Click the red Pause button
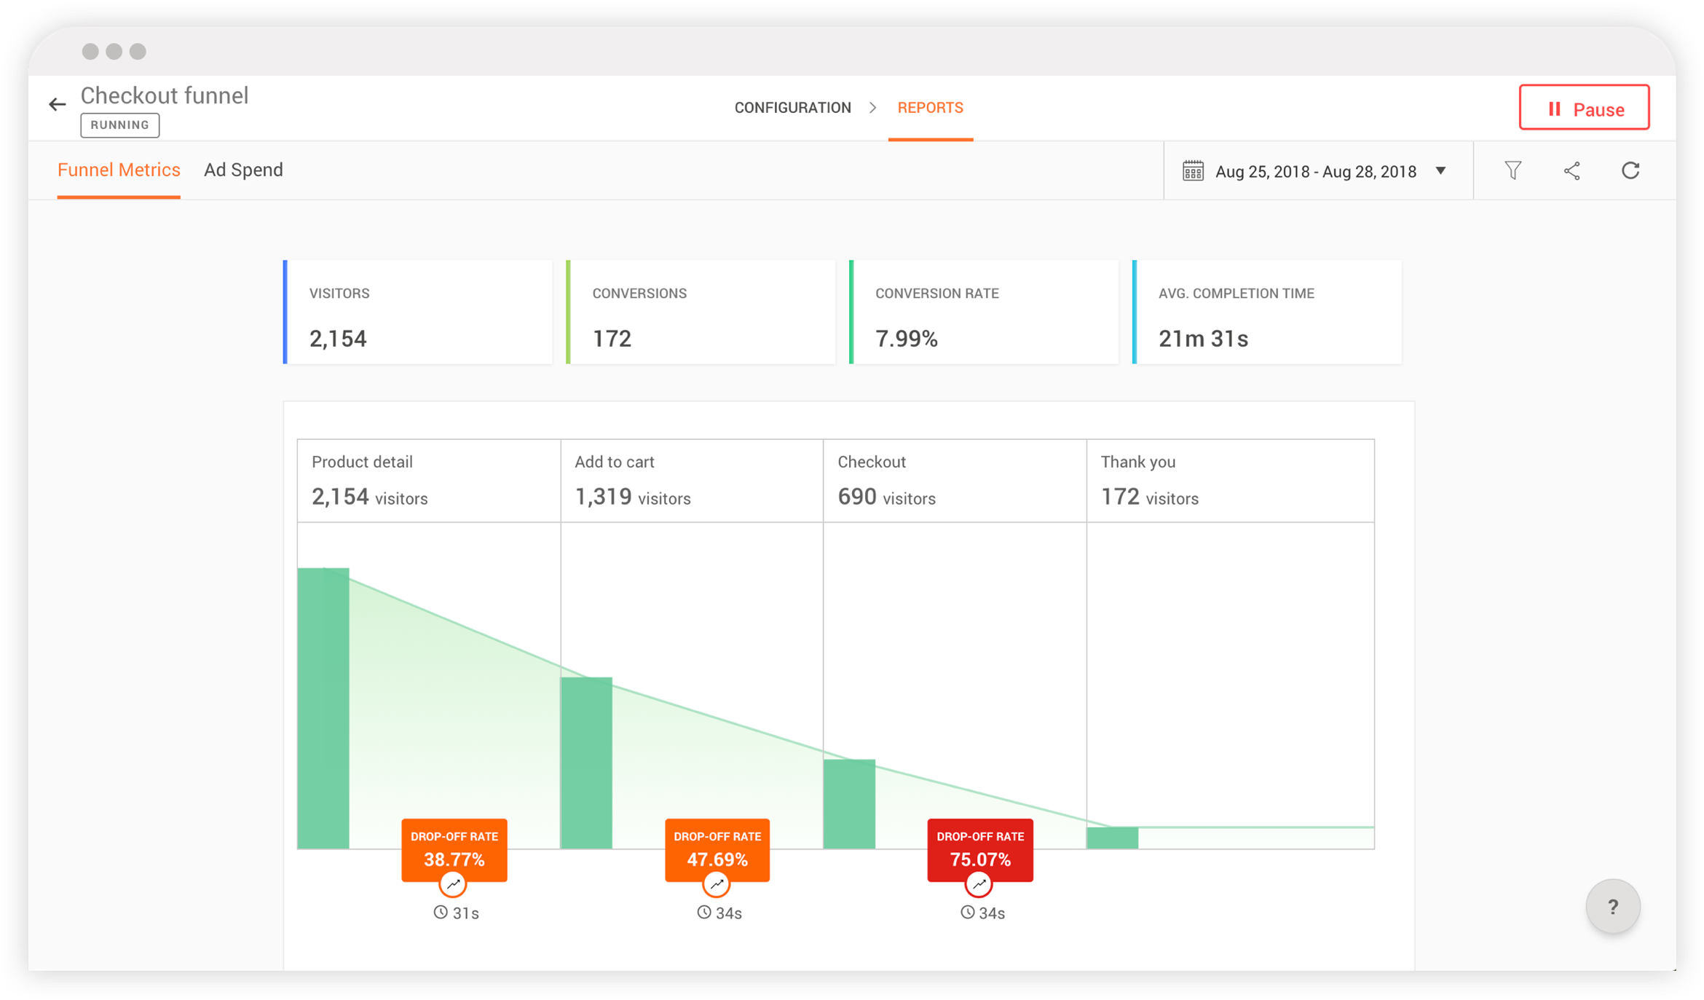tap(1584, 108)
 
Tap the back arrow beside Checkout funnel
tap(58, 105)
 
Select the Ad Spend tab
tap(243, 170)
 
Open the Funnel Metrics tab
tap(119, 170)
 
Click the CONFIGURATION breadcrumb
tap(792, 108)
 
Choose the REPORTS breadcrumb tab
tap(930, 108)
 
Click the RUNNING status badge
tap(120, 125)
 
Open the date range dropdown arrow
tap(1440, 171)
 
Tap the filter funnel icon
tap(1513, 170)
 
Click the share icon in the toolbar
tap(1572, 170)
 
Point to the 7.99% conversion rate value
tap(907, 339)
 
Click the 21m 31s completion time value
tap(1203, 339)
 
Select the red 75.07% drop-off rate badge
tap(980, 850)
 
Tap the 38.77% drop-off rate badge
tap(454, 850)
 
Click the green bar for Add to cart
tap(586, 763)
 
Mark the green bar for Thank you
tap(1112, 838)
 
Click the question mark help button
tap(1613, 907)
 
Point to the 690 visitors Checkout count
tap(886, 497)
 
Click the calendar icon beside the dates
tap(1193, 171)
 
